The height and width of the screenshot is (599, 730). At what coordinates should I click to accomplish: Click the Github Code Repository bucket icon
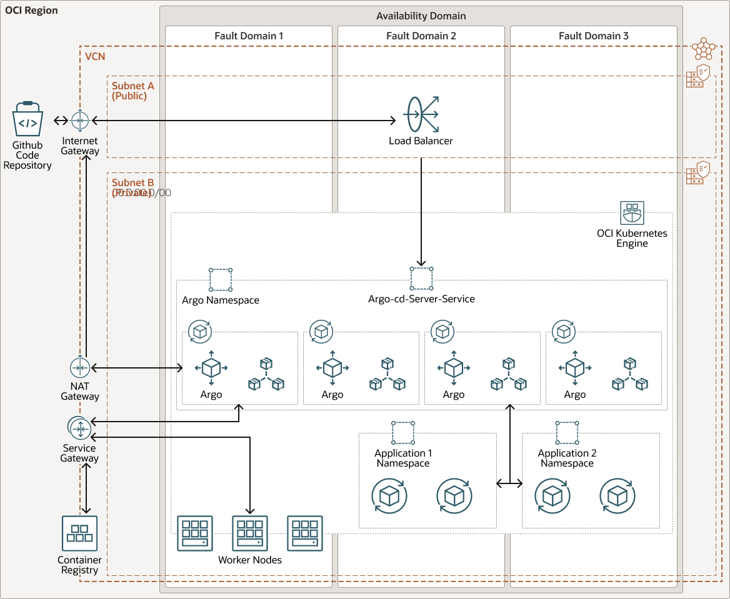(x=27, y=119)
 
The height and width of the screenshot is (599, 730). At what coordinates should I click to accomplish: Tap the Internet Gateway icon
(x=81, y=120)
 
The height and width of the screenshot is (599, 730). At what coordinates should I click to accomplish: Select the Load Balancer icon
(x=421, y=114)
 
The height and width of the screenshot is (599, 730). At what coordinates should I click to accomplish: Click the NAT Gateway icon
(x=80, y=368)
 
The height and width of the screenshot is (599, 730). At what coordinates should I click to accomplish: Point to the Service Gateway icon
(x=79, y=428)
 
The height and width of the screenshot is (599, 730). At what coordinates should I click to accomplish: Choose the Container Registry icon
(x=79, y=533)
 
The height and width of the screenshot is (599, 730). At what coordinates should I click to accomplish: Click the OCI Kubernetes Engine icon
(x=632, y=213)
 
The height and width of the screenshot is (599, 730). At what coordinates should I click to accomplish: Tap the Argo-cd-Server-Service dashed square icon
(x=421, y=278)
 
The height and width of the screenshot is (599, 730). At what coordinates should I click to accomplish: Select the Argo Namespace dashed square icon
(x=221, y=279)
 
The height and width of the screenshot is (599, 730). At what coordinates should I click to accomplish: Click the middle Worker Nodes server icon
(x=250, y=533)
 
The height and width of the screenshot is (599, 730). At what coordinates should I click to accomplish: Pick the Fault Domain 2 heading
(x=421, y=36)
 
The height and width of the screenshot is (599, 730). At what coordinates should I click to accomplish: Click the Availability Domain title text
(x=421, y=16)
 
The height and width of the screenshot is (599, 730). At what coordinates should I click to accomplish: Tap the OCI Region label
(x=31, y=11)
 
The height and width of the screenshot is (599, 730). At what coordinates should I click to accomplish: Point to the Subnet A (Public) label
(x=133, y=91)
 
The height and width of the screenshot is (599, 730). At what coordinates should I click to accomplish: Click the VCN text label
(x=95, y=56)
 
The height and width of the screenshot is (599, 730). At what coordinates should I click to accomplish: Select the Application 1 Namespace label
(x=403, y=458)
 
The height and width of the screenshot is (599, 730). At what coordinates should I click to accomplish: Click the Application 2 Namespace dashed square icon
(x=567, y=432)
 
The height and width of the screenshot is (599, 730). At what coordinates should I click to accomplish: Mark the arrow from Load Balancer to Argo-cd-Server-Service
(x=421, y=212)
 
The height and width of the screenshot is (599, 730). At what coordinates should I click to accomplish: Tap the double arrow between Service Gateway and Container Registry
(x=86, y=489)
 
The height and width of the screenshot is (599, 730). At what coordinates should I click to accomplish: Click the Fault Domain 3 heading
(x=594, y=36)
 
